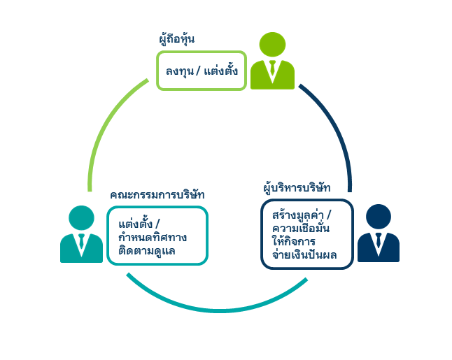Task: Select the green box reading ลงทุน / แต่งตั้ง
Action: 202,71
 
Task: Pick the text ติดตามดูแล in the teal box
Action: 147,250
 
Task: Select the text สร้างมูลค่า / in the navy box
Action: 302,215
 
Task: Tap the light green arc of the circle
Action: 105,126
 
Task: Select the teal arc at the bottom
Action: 217,309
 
